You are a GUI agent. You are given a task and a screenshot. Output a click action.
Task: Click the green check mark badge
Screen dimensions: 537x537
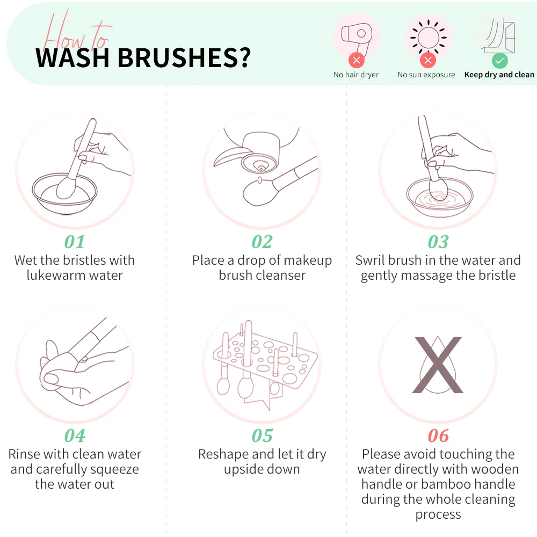[499, 61]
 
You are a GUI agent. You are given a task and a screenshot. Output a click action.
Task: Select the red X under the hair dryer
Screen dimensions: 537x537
[357, 61]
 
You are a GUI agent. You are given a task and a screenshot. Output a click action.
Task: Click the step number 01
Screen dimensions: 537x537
[74, 242]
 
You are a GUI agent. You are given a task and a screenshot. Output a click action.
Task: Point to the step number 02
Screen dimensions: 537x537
[262, 242]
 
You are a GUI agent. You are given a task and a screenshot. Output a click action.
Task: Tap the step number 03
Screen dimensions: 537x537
[438, 242]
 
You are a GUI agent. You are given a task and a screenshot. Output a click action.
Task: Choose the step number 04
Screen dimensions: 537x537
[75, 436]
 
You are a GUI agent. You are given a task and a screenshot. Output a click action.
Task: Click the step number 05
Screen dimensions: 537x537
[262, 436]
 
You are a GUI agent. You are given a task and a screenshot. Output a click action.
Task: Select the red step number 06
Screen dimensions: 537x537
[438, 436]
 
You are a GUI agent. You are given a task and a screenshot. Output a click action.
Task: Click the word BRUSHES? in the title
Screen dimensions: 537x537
[184, 57]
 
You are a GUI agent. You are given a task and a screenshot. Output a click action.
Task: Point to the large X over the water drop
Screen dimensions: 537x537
[438, 365]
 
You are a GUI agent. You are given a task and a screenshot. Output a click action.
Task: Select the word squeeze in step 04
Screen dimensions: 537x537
[115, 470]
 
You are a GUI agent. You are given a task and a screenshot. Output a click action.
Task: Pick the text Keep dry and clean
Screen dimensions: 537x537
[499, 75]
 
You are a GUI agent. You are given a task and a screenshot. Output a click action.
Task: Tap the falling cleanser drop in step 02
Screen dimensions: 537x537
[259, 180]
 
